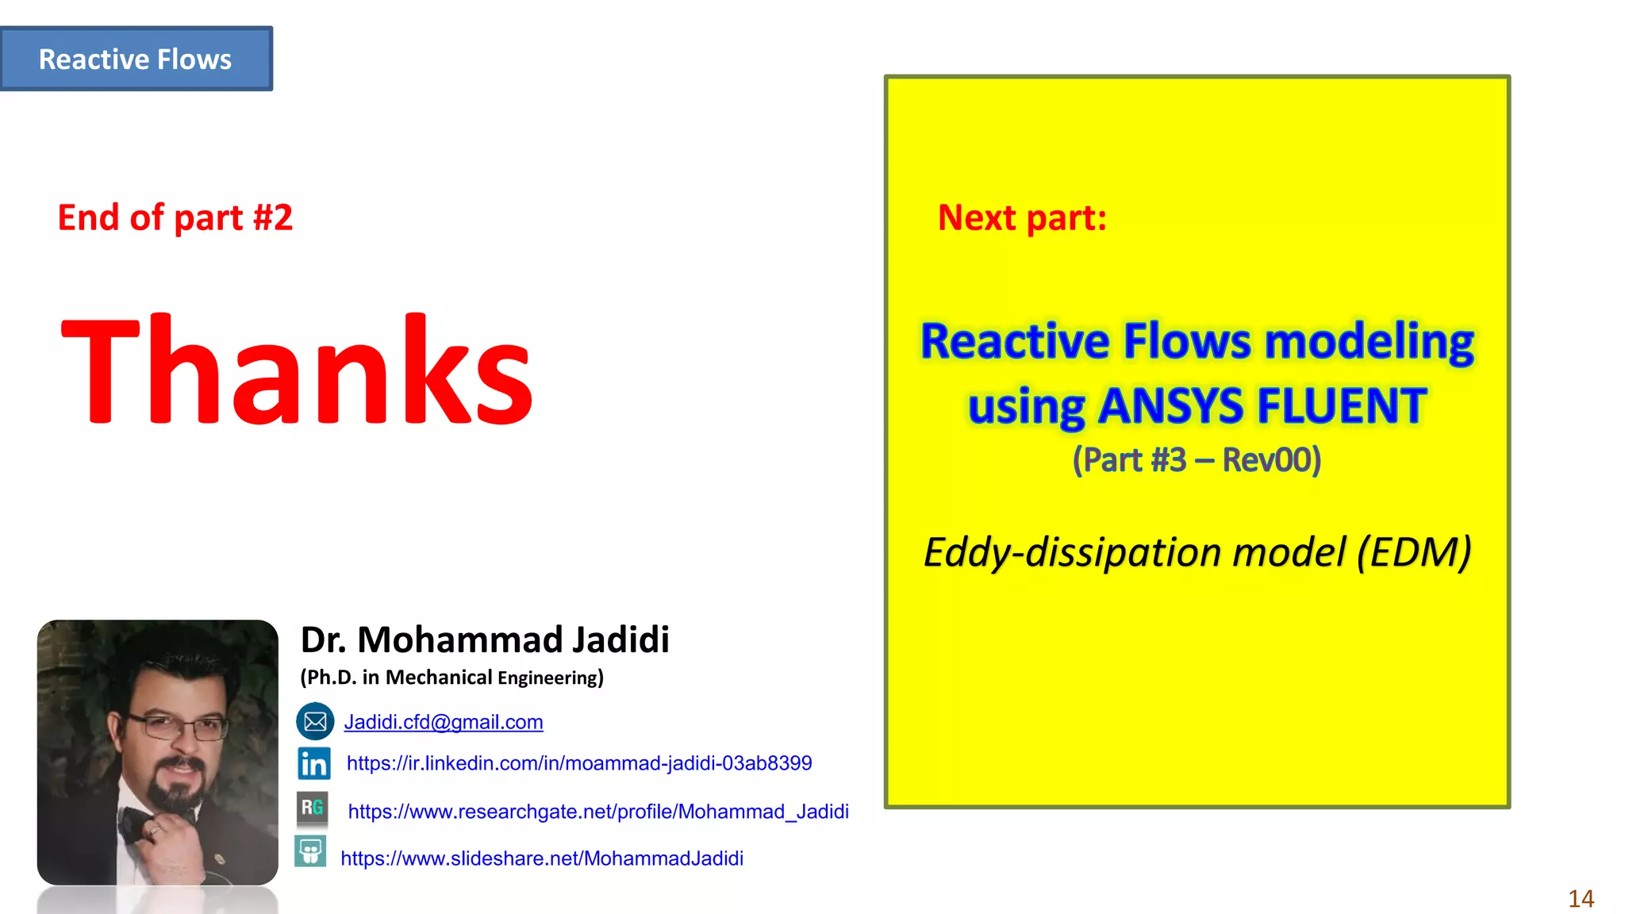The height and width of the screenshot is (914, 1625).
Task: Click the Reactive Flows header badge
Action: tap(136, 60)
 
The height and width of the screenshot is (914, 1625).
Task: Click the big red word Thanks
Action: tap(297, 371)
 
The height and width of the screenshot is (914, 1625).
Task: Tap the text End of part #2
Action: tap(175, 217)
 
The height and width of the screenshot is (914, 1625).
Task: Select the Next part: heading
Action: tap(1022, 217)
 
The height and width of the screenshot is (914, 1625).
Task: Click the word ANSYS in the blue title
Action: tap(1171, 407)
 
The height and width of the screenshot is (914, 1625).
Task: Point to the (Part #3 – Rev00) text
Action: tap(1197, 460)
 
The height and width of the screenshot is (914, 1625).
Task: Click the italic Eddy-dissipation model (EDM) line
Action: tap(1197, 552)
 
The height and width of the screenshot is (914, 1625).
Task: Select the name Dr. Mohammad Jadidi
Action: tap(485, 639)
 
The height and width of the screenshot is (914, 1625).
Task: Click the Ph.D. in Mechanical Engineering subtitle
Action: tap(451, 678)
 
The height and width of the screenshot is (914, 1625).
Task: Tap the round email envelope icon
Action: tap(315, 721)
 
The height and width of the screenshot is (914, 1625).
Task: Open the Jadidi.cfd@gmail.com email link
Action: tap(444, 722)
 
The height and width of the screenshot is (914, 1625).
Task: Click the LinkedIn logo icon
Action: tap(314, 763)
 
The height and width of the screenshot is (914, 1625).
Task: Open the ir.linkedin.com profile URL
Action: tap(579, 763)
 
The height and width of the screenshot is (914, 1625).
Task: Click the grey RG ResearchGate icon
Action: tap(312, 808)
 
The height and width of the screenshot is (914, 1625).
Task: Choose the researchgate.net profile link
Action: tap(598, 812)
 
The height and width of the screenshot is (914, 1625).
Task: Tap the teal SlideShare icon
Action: tap(310, 851)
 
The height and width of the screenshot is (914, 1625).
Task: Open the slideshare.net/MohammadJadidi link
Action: tap(542, 858)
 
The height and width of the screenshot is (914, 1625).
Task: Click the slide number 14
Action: tap(1581, 899)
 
